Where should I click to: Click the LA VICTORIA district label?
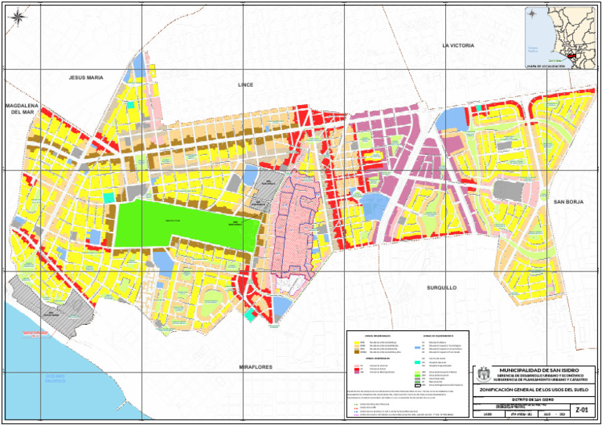point(458,46)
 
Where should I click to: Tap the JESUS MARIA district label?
point(85,78)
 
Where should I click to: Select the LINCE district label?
point(245,84)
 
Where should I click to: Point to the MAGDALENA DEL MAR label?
point(21,108)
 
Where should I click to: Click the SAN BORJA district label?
point(569,202)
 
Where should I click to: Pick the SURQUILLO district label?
point(441,288)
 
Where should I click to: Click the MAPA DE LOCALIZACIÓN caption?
point(546,67)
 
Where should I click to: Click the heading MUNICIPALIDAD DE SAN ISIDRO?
point(542,369)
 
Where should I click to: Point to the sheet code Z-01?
point(581,409)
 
